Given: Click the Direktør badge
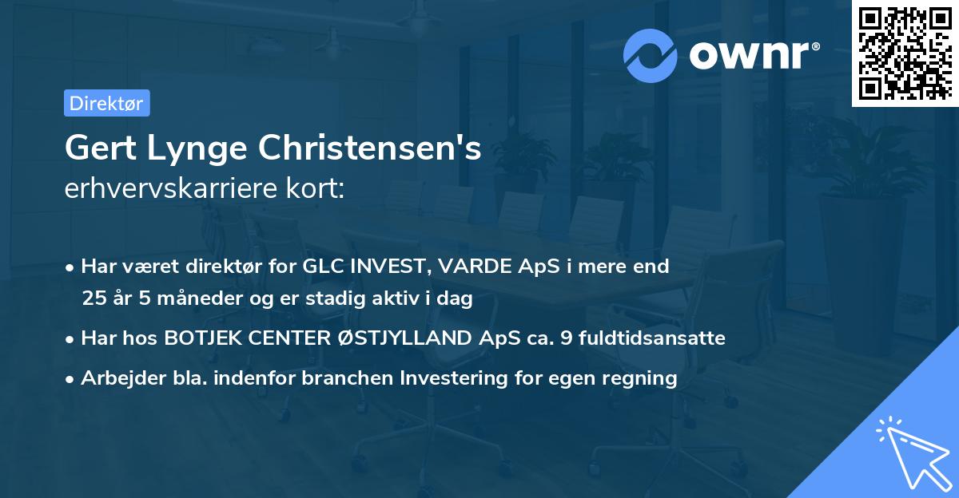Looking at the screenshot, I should (x=106, y=103).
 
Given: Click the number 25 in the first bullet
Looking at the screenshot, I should (x=94, y=299).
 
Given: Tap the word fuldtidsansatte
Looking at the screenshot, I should (x=647, y=338).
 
